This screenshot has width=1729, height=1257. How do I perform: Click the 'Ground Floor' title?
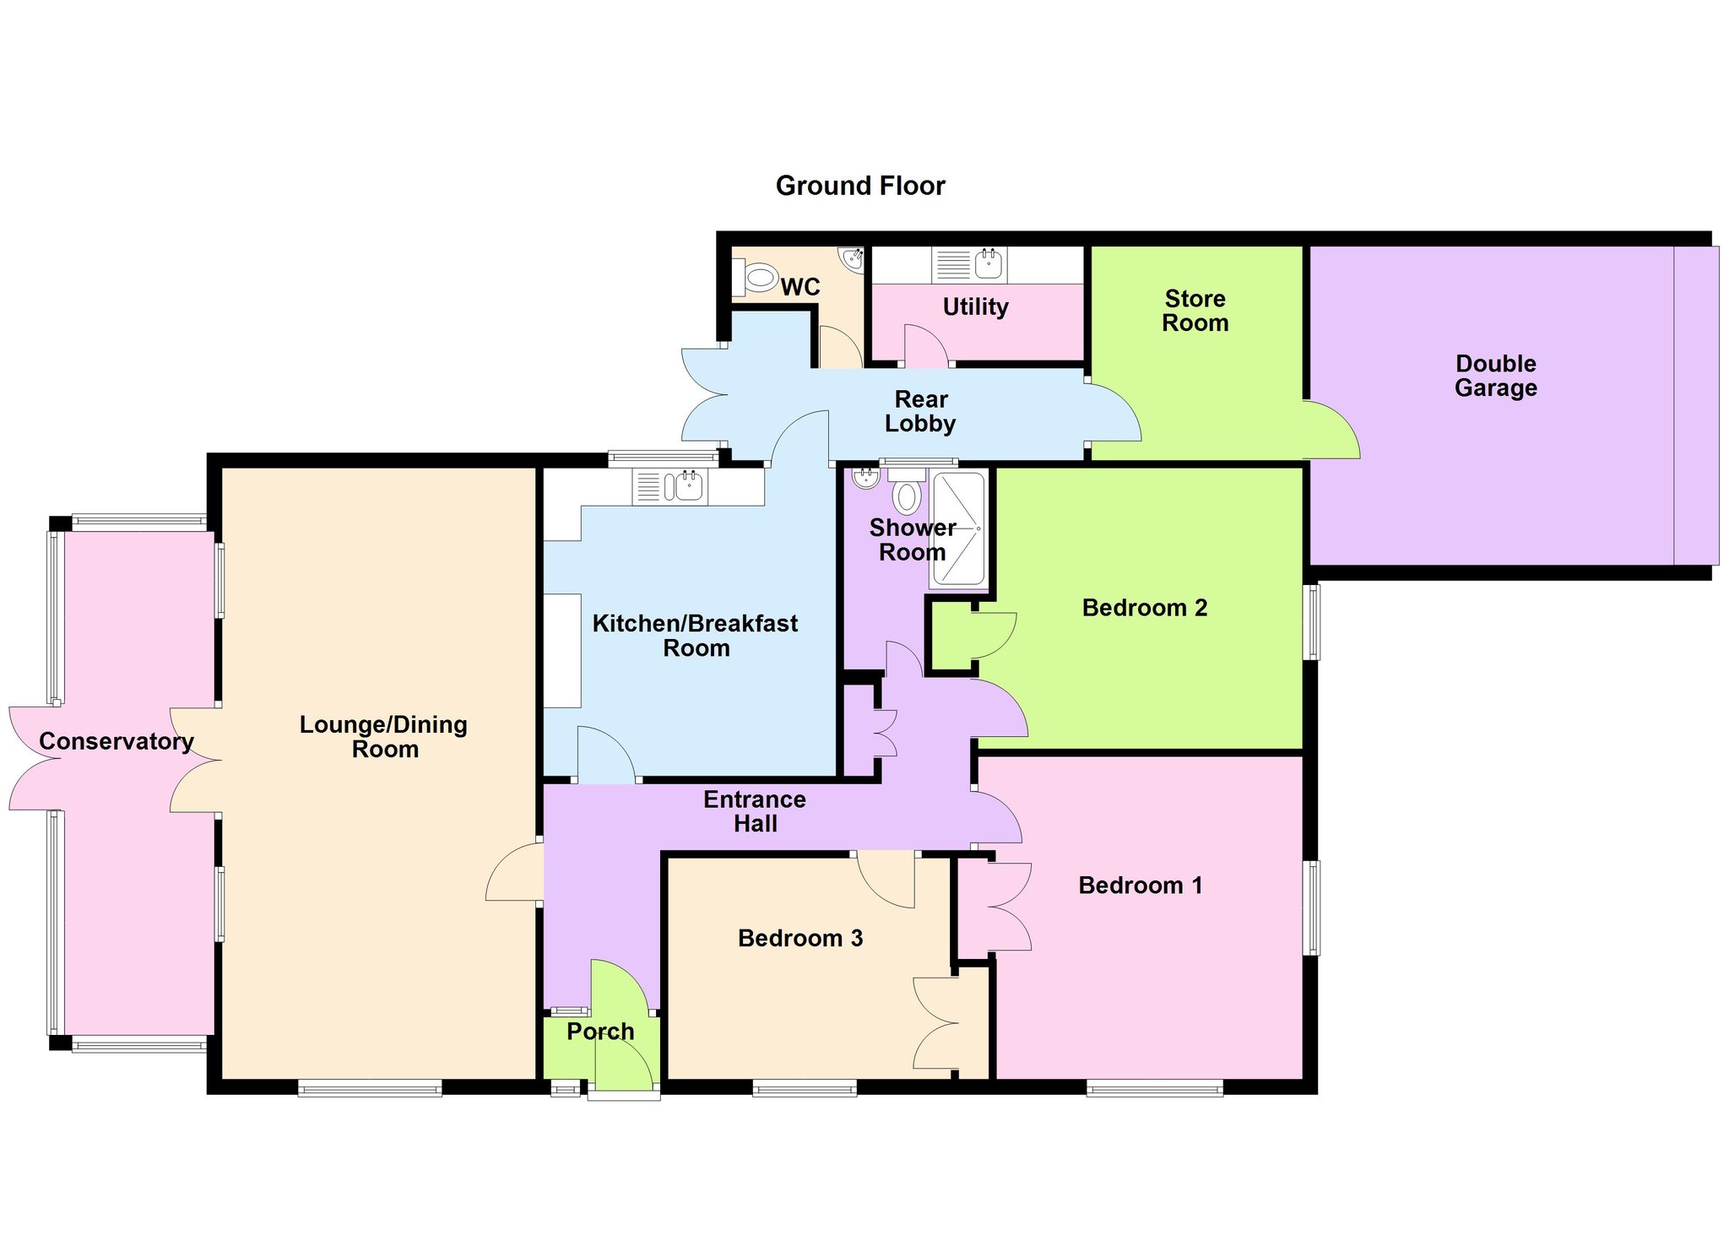click(x=860, y=186)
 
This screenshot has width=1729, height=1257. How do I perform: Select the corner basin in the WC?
click(x=852, y=258)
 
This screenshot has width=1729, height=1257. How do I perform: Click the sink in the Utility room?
click(x=989, y=263)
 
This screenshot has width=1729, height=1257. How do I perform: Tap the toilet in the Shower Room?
click(x=906, y=491)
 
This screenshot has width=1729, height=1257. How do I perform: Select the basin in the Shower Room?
click(x=865, y=479)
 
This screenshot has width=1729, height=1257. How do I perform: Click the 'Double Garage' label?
click(x=1496, y=376)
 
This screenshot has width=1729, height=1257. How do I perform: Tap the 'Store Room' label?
click(x=1195, y=311)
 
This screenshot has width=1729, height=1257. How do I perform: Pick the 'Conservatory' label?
click(x=117, y=741)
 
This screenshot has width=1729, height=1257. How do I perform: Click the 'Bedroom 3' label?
click(x=800, y=938)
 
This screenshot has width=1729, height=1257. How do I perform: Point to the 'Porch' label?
click(x=600, y=1032)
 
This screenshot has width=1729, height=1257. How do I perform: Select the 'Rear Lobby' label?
click(x=920, y=411)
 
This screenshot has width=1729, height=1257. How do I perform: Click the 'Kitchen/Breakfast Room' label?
click(x=696, y=636)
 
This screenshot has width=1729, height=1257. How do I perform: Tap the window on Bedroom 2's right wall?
click(x=1314, y=621)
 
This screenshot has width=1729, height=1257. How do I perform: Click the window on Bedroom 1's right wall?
click(x=1313, y=908)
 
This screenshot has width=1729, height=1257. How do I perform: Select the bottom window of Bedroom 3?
click(x=805, y=1089)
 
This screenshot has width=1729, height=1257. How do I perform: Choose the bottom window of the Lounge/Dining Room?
click(x=370, y=1089)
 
